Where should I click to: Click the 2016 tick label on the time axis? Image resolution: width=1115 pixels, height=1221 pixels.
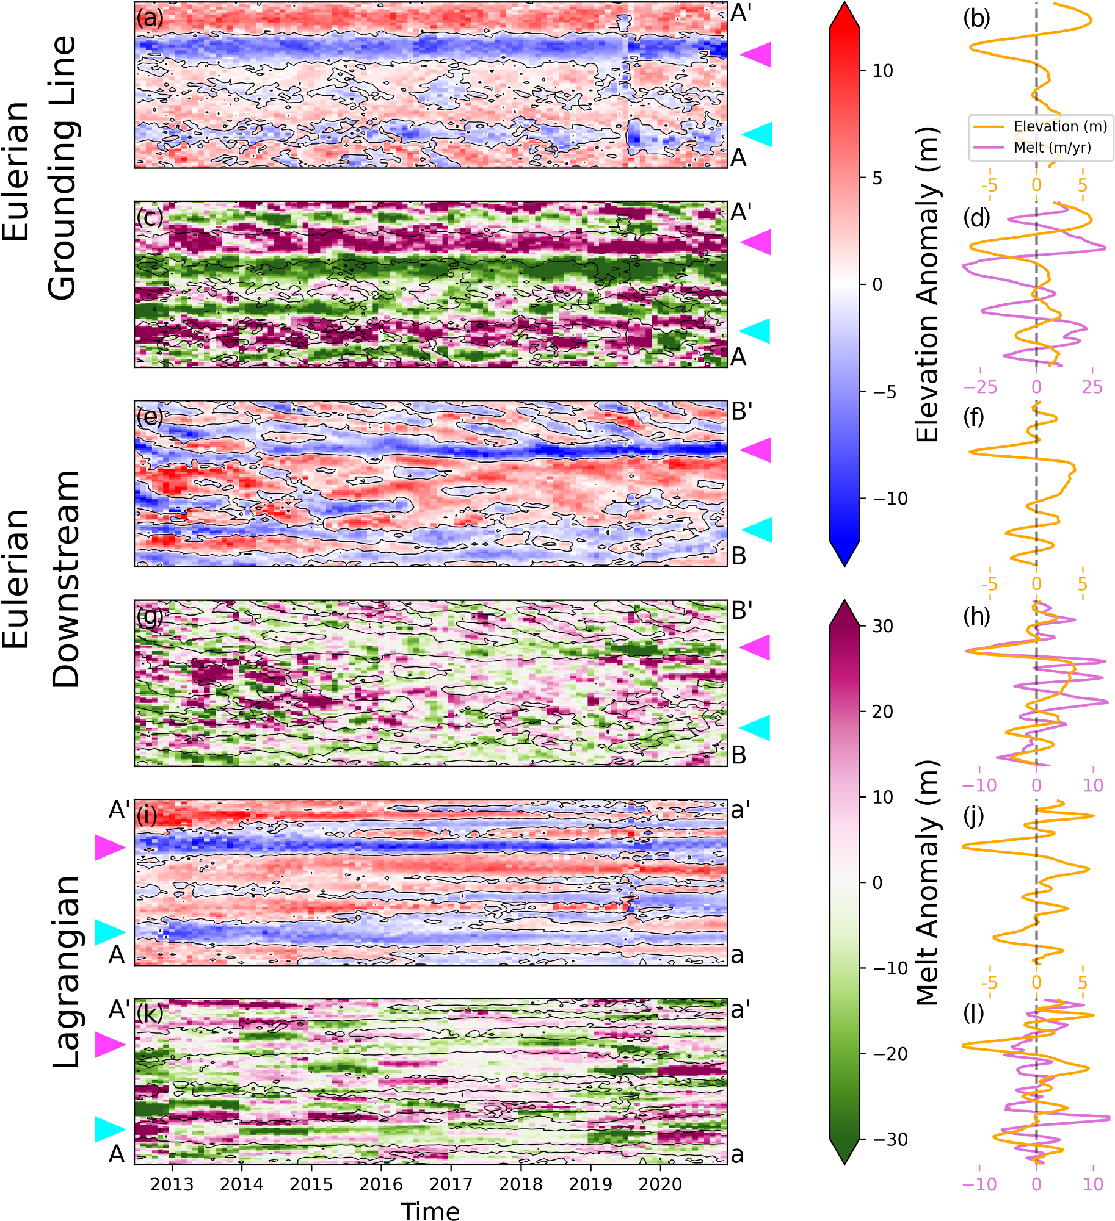(381, 1184)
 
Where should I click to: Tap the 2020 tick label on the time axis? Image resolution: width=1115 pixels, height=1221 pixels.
(660, 1184)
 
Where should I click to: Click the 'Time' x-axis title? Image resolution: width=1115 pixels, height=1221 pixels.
(430, 1211)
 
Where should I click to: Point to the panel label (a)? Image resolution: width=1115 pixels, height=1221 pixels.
(150, 18)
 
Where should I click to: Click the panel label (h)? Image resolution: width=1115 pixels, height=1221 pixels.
(976, 616)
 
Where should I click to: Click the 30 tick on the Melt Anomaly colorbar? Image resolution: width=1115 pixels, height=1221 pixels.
(882, 626)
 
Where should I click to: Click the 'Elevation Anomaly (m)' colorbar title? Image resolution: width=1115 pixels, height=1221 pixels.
(927, 284)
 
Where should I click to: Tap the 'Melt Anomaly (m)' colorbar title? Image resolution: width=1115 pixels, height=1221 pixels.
(927, 882)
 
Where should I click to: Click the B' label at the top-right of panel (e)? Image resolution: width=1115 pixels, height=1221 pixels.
(741, 412)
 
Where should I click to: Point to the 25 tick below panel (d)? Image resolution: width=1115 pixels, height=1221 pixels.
(1092, 387)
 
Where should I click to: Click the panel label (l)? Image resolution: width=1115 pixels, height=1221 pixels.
(975, 1013)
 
